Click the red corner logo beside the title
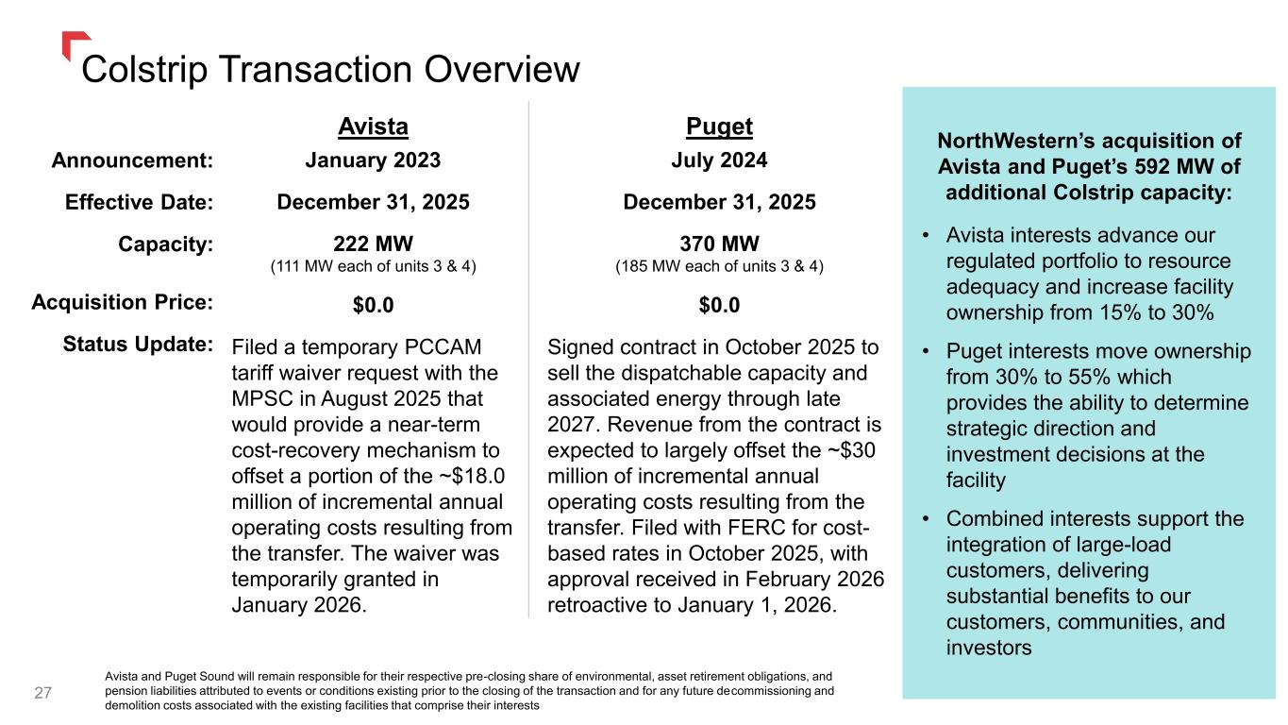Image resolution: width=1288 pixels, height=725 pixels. [x=72, y=42]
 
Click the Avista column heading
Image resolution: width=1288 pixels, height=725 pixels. [x=373, y=126]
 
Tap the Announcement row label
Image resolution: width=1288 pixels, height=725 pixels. [x=132, y=160]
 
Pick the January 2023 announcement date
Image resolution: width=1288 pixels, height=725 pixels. [x=373, y=160]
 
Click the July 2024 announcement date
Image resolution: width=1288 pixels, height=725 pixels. [x=719, y=160]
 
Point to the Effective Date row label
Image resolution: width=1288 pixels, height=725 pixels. [x=139, y=202]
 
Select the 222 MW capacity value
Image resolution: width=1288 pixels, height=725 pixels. [x=373, y=244]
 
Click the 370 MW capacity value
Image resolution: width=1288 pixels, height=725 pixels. [x=719, y=244]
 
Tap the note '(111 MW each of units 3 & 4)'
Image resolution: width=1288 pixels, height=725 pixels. [x=373, y=266]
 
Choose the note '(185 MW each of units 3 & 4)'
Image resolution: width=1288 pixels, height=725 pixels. [x=719, y=266]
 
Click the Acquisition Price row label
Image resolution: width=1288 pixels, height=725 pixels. [x=122, y=302]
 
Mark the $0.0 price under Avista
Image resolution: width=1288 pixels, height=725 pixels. [x=373, y=305]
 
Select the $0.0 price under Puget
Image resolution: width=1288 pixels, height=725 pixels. [x=719, y=305]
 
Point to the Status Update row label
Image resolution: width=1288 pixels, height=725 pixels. [x=138, y=344]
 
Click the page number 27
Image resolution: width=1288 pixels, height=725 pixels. [x=43, y=693]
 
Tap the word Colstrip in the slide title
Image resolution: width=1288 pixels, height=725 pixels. [x=144, y=70]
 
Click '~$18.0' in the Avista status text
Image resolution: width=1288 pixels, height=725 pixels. [x=472, y=476]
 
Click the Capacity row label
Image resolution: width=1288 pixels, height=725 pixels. [x=166, y=244]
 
